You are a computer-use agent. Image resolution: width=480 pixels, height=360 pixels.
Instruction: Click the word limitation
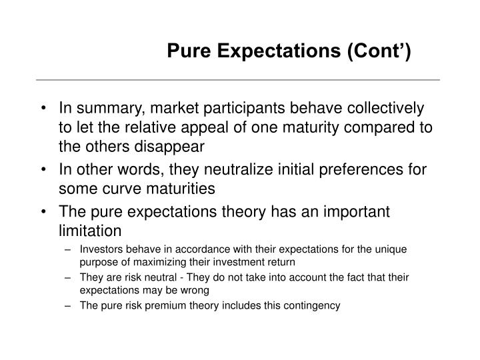point(91,231)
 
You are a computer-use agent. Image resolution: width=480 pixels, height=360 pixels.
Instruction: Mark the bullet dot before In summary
point(43,108)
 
